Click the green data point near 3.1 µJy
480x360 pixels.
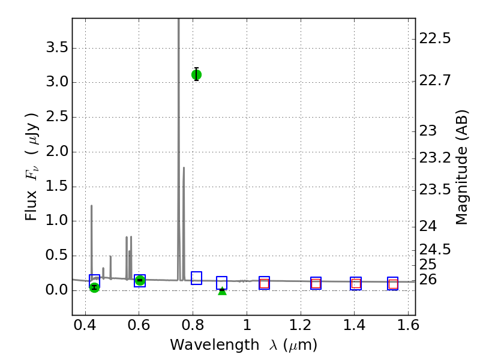coord(196,74)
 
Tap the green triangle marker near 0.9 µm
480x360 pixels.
coord(222,291)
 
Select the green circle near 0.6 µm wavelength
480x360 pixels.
coord(140,280)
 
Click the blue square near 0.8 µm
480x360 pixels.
coord(196,278)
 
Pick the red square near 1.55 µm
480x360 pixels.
coord(393,284)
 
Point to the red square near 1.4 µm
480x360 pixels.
coord(356,284)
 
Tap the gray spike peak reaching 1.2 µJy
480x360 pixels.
coord(91,206)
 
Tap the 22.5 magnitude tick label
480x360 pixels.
coord(435,38)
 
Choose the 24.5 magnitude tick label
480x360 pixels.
coord(435,248)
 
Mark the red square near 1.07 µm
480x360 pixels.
coord(264,283)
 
